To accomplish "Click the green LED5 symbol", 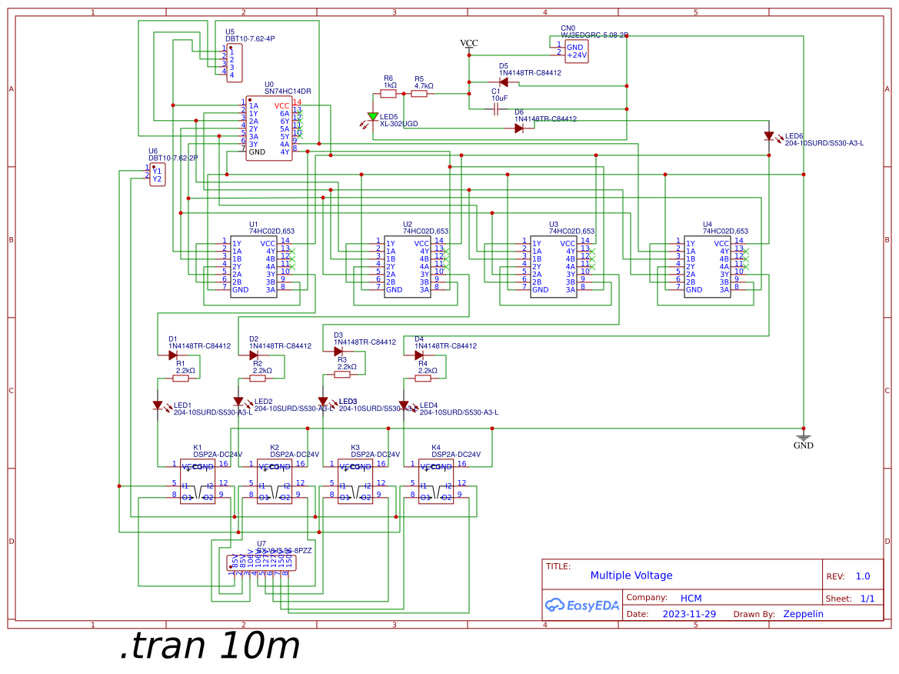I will (373, 117).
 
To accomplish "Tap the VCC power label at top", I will (468, 44).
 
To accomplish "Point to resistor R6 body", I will (388, 94).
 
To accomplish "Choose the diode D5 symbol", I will (504, 82).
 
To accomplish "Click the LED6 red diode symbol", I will (769, 136).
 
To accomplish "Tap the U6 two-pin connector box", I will (157, 175).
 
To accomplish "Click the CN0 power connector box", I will (577, 51).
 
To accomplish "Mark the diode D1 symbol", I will (173, 355).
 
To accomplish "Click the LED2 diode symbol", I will (238, 402).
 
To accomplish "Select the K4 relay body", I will (435, 482).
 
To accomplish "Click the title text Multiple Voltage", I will (631, 576).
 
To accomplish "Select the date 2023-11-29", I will (689, 614).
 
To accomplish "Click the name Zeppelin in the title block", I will (803, 614).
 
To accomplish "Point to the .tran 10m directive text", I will (209, 647).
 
